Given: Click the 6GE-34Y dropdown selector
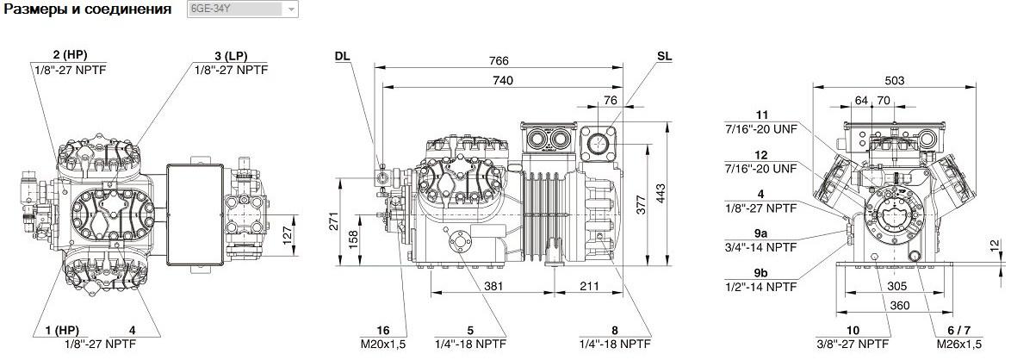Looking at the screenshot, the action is coord(243,9).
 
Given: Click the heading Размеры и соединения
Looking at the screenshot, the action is coord(88,9).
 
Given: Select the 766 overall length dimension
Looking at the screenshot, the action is coord(499,60).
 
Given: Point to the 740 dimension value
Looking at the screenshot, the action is coord(503,80).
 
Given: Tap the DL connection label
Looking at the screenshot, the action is coord(343,56).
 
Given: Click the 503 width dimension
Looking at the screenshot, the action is coord(894,81).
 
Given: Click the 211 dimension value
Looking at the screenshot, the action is coord(589,286).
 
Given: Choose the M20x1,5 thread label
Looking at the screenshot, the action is coord(383,344).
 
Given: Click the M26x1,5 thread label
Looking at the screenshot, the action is coord(960,344).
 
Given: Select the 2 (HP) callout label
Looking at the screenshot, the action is coord(71,55).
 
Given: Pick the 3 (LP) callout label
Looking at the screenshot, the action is coord(231,55).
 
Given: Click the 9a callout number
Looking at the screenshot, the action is coord(760,235).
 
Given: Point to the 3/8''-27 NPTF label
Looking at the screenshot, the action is coord(853,344).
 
